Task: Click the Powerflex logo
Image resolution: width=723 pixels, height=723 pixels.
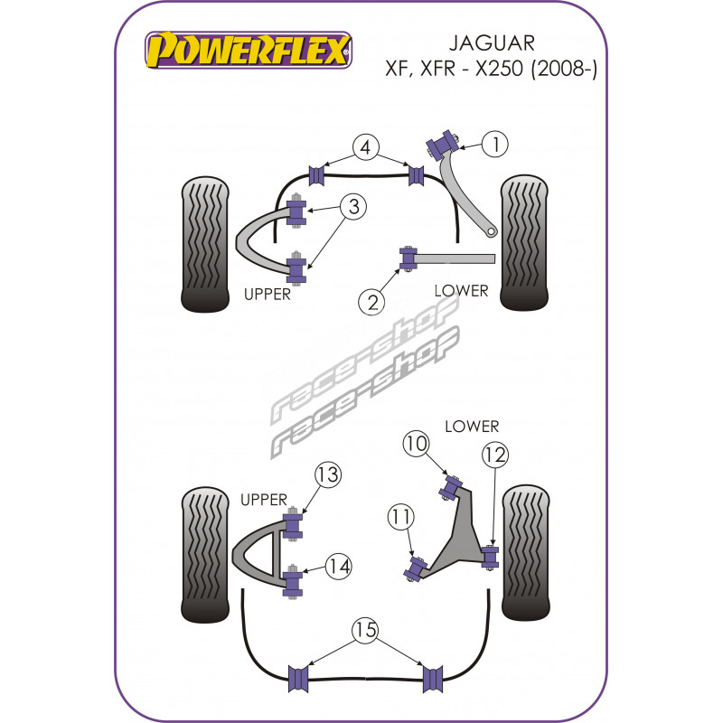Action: click(x=249, y=50)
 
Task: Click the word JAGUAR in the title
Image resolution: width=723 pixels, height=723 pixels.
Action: click(x=492, y=43)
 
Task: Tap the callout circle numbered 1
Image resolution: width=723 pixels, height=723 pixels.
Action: click(x=495, y=144)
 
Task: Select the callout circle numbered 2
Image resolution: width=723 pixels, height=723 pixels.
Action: click(x=371, y=302)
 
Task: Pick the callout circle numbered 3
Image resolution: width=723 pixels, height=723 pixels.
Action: click(x=353, y=206)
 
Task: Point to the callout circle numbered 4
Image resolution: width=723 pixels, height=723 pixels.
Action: click(x=366, y=147)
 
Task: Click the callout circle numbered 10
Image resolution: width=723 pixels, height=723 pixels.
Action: click(x=416, y=443)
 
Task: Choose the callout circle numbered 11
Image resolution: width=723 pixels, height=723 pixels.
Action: click(x=400, y=516)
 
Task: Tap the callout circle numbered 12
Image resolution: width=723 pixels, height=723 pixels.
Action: click(x=495, y=455)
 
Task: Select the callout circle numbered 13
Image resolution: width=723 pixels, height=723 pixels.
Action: click(x=328, y=474)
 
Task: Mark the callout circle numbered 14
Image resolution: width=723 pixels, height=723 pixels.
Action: click(x=339, y=567)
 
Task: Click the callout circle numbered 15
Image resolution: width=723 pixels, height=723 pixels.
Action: click(x=366, y=629)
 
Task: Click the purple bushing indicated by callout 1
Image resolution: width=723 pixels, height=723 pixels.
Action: click(x=441, y=145)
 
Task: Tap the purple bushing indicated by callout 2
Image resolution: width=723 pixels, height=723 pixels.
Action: click(x=408, y=258)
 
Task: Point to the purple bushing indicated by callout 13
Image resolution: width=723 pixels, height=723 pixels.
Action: click(x=292, y=524)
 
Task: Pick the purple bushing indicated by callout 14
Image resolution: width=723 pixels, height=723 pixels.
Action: click(x=292, y=581)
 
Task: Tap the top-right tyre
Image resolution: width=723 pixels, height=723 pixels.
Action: click(x=525, y=242)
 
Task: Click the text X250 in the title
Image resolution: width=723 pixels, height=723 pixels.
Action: click(x=500, y=70)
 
